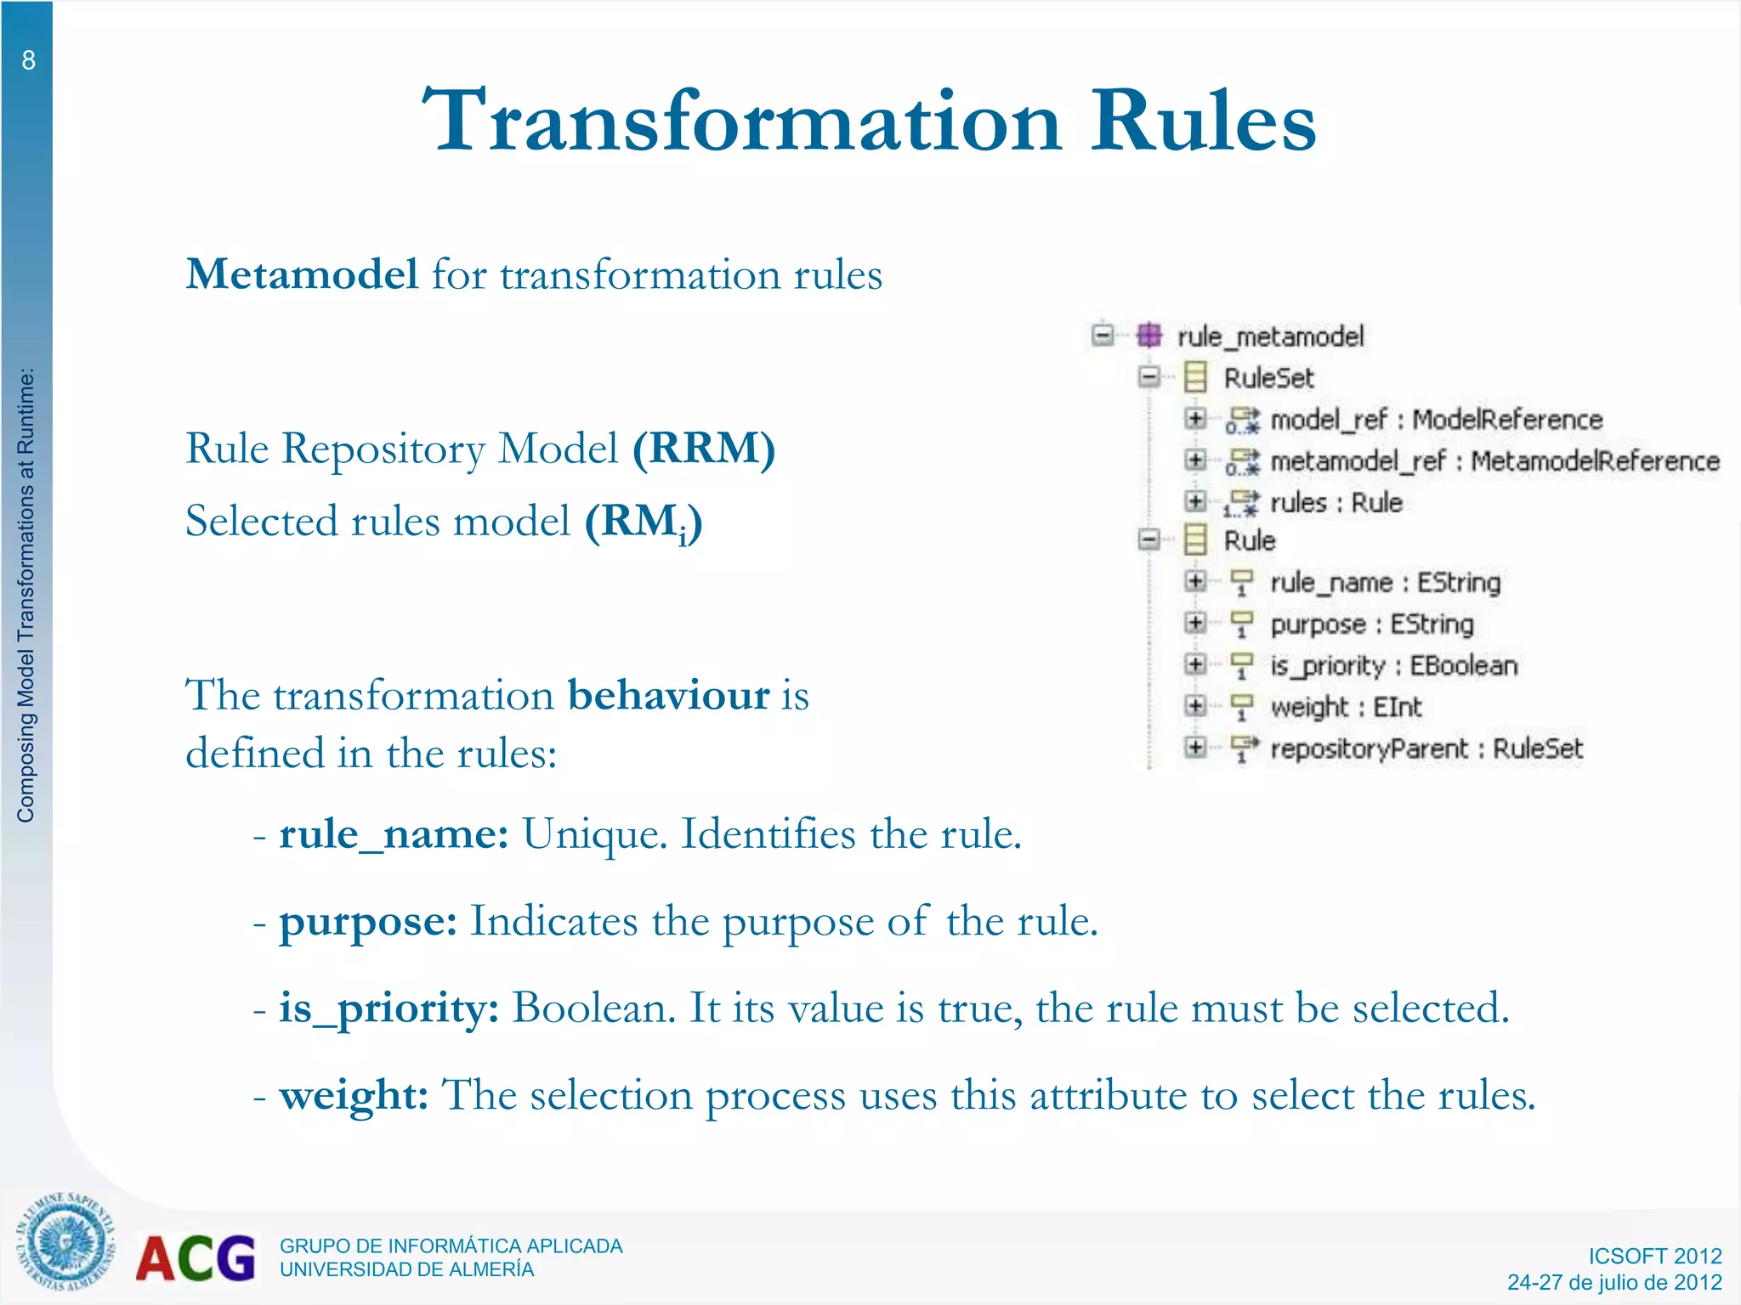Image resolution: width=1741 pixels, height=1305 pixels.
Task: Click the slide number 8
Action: [x=28, y=60]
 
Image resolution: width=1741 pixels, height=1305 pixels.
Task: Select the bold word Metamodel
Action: [x=302, y=274]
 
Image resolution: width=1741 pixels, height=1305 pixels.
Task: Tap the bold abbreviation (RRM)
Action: [x=704, y=448]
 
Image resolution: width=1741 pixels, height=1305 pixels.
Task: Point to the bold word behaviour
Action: [x=668, y=695]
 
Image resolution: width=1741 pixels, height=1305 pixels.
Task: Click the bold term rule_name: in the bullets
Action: [x=394, y=833]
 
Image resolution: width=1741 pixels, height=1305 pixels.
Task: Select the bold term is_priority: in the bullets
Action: [x=388, y=1008]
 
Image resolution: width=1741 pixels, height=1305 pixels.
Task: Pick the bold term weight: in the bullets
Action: [x=354, y=1095]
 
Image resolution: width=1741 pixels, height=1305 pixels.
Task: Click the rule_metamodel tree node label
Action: [x=1270, y=336]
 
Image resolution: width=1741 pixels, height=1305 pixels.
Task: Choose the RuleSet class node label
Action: [x=1268, y=378]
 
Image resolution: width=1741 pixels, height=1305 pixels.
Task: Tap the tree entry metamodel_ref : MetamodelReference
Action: [x=1494, y=461]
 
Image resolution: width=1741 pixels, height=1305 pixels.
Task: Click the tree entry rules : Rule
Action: [x=1335, y=503]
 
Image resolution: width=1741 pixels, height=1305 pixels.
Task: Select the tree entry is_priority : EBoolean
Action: [x=1393, y=665]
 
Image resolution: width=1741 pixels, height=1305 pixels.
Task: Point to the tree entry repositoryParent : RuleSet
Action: [x=1426, y=749]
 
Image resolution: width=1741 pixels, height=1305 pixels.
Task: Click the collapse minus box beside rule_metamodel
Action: [x=1103, y=335]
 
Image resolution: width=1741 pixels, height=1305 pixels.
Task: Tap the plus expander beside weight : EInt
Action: [x=1195, y=705]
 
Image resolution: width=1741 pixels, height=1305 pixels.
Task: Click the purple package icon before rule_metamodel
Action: [x=1148, y=335]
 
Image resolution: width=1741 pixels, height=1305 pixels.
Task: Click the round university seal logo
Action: [x=65, y=1241]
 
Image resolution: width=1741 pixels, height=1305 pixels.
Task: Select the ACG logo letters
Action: [x=196, y=1258]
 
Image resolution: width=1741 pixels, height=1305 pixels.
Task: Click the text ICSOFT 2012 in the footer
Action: [x=1654, y=1256]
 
